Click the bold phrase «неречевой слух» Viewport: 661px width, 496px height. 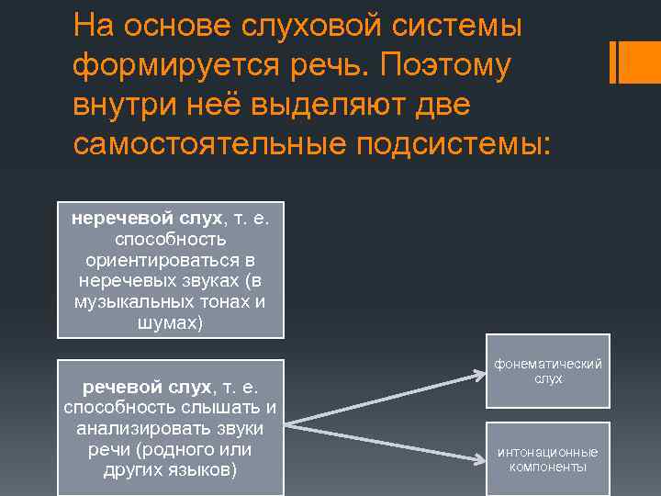click(147, 219)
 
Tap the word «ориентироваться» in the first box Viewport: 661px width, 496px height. click(171, 261)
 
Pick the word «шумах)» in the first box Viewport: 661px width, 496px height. click(171, 322)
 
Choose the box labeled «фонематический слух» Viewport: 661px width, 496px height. click(548, 372)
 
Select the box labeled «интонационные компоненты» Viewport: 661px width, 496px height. click(548, 459)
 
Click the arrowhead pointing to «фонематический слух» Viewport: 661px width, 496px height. click(479, 373)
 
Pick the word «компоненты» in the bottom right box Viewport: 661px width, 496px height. click(548, 467)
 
